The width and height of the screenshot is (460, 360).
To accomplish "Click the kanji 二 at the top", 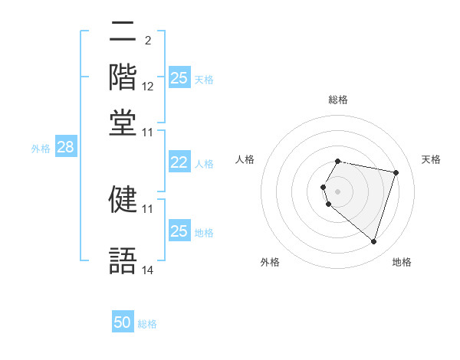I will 123,33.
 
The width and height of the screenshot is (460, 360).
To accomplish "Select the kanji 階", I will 123,77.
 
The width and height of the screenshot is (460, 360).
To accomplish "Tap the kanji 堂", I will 123,123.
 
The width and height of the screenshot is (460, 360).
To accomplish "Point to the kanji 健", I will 123,198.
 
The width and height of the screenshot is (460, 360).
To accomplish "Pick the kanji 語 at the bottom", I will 123,260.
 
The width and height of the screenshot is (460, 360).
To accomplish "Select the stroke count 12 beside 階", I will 148,87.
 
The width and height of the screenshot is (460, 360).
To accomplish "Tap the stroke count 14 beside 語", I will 148,270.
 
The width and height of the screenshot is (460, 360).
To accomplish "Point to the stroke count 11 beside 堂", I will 148,132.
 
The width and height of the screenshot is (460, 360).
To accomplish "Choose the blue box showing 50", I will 123,323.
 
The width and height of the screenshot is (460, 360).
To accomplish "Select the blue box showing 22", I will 179,162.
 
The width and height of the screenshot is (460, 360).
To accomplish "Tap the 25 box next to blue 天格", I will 179,78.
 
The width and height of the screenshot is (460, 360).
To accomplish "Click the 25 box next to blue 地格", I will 179,231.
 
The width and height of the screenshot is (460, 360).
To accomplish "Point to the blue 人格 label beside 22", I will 204,163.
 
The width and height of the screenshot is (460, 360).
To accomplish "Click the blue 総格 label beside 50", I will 147,324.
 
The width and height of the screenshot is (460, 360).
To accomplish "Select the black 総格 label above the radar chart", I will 338,100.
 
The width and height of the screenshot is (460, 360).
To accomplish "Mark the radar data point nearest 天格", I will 396,173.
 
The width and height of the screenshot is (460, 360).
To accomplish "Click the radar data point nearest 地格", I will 373,242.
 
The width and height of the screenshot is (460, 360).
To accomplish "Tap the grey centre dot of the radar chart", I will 338,191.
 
